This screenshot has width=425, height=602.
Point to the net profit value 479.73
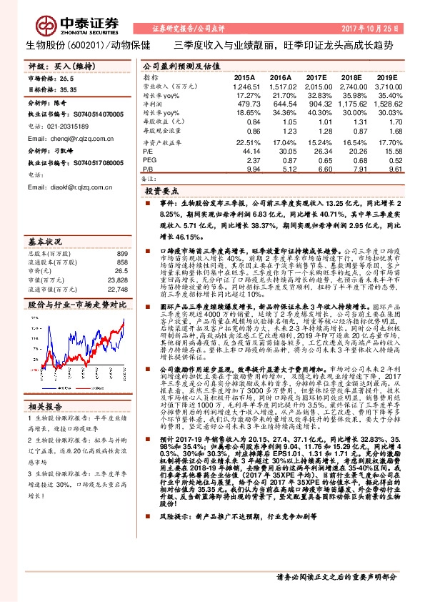tap(245, 104)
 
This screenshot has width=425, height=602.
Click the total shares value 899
tap(121, 254)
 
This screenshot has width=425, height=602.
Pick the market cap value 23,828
tap(117, 280)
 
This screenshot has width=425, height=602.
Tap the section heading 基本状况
tap(45, 241)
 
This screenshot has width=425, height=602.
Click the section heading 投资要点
tap(161, 192)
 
